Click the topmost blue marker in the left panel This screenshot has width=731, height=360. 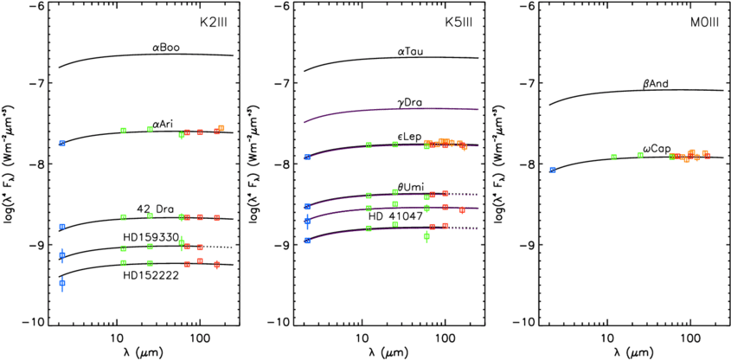62,143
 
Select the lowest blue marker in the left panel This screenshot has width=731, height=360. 62,283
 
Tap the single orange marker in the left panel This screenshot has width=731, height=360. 221,128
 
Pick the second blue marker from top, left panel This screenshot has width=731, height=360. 62,227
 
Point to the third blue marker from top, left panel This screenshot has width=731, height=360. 62,255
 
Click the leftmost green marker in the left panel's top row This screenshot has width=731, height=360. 124,131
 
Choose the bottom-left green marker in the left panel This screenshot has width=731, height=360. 124,263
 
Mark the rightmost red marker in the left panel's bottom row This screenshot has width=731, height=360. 217,265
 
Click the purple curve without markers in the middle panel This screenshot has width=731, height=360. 389,110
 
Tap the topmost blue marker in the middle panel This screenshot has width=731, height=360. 307,157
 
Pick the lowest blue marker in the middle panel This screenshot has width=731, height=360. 307,241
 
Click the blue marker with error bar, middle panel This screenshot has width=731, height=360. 307,222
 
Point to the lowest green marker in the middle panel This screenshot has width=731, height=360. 426,236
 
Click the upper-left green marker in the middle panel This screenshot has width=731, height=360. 369,145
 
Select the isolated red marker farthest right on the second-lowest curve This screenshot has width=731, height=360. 462,209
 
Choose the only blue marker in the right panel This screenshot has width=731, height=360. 553,170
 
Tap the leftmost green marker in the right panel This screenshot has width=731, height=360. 614,157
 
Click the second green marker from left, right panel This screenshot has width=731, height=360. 640,155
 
